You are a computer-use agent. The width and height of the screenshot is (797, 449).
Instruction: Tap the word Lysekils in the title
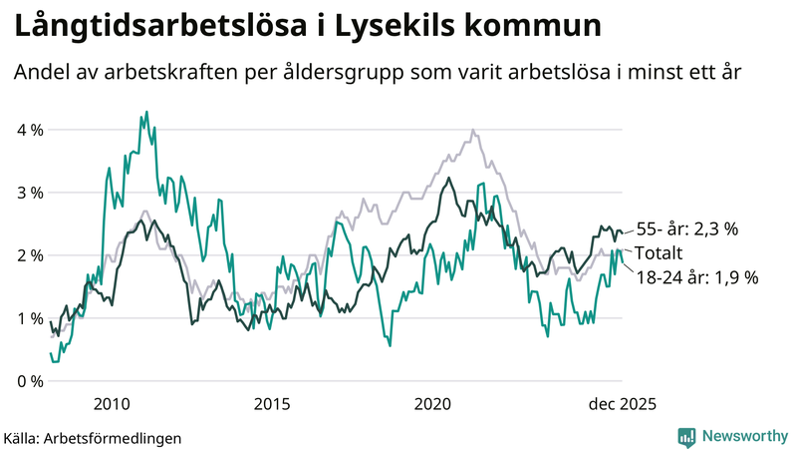396,27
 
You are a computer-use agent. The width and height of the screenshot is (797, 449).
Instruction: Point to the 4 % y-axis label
29,130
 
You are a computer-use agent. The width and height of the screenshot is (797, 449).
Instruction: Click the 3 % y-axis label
29,193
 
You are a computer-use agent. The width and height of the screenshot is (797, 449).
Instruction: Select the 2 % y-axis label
29,255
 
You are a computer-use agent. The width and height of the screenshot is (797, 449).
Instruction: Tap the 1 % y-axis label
29,318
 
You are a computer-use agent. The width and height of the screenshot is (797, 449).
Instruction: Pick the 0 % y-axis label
29,381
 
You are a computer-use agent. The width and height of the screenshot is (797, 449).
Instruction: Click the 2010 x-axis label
111,404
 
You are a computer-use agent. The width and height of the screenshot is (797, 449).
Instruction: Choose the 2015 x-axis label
272,404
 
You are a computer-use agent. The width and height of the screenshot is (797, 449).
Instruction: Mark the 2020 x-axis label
433,404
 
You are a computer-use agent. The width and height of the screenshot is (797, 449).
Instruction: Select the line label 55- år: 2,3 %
686,229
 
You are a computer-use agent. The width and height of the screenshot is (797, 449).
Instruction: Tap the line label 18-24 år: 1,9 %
696,277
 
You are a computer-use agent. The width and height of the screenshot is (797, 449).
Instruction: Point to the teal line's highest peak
146,112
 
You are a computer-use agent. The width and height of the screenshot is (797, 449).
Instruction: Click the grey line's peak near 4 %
472,131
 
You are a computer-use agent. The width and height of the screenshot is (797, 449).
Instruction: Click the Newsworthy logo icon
686,436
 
